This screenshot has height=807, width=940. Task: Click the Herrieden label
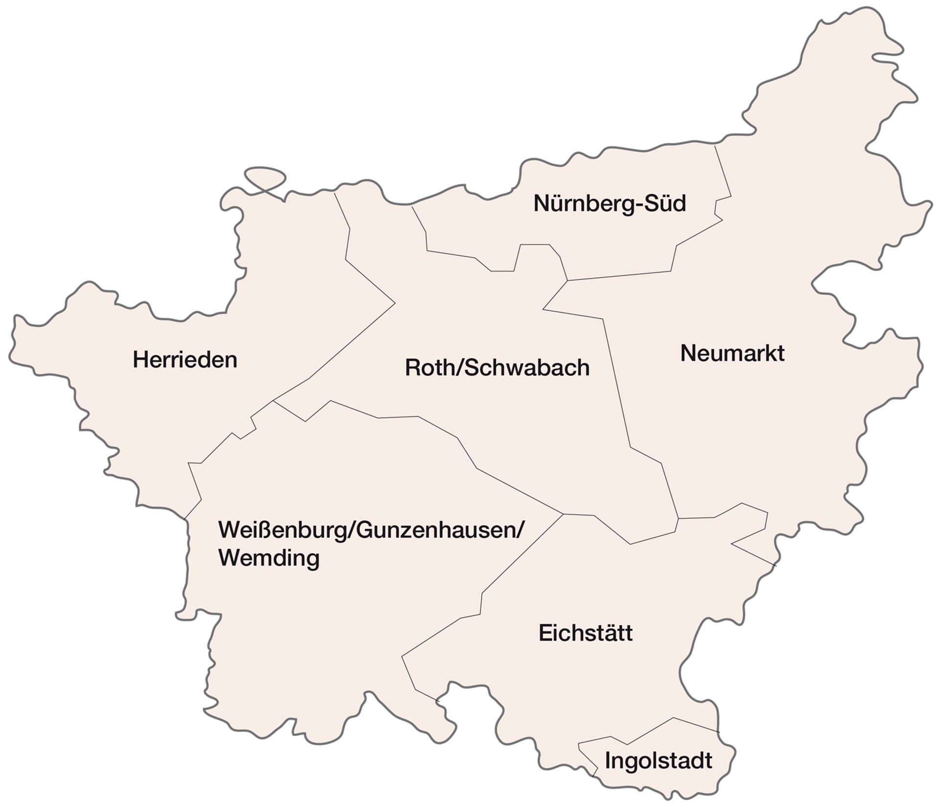pos(185,360)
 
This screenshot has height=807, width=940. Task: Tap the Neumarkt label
pos(732,353)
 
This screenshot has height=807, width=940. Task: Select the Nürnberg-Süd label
pos(610,203)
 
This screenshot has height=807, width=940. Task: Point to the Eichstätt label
pos(586,633)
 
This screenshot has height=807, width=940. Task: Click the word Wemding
pos(269,557)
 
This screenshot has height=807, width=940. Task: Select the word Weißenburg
pos(282,530)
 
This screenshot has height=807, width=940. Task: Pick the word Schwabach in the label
pos(527,368)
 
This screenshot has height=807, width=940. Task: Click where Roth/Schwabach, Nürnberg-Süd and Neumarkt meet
pos(567,281)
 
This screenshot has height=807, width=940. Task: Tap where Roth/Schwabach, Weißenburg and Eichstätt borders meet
pos(563,514)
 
